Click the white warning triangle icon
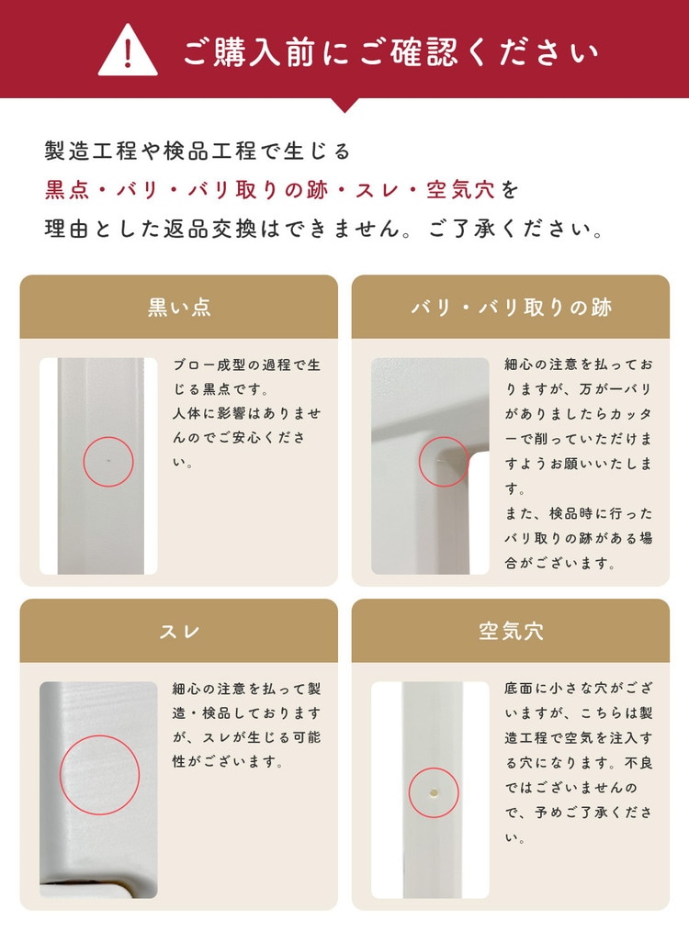pyautogui.click(x=128, y=50)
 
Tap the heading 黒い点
pyautogui.click(x=179, y=307)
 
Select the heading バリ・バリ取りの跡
pyautogui.click(x=511, y=307)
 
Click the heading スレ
pyautogui.click(x=179, y=631)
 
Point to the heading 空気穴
pyautogui.click(x=511, y=631)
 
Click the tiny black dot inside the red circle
pyautogui.click(x=108, y=460)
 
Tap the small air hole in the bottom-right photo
pyautogui.click(x=434, y=792)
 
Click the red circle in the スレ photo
pyautogui.click(x=61, y=775)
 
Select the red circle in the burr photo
pyautogui.click(x=419, y=462)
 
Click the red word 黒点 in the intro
pyautogui.click(x=67, y=190)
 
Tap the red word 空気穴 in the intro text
pyautogui.click(x=460, y=190)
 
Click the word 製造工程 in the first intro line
pyautogui.click(x=92, y=151)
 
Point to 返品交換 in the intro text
pyautogui.click(x=210, y=229)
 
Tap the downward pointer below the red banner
pyautogui.click(x=344, y=105)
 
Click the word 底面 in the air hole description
pyautogui.click(x=519, y=689)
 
